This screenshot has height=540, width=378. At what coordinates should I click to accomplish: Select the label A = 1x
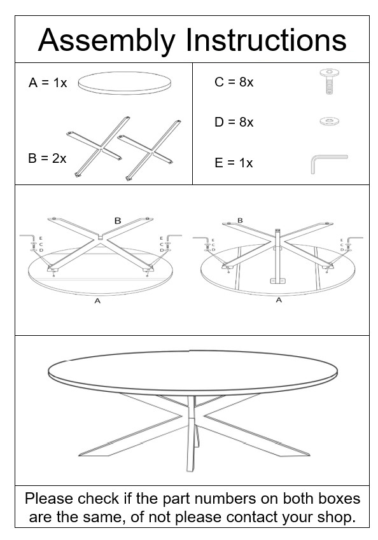48,83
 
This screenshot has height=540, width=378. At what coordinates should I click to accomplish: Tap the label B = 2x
47,158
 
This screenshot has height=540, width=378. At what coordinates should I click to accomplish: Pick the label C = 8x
234,83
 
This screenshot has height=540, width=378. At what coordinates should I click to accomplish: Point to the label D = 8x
234,122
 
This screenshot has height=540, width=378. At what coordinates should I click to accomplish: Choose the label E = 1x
234,163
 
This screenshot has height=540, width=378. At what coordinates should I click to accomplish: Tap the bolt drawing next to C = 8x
329,81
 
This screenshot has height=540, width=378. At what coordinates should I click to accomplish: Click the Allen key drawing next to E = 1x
327,162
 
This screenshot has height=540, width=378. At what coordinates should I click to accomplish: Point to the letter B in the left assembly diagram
117,221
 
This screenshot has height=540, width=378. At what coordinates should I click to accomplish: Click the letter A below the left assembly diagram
97,301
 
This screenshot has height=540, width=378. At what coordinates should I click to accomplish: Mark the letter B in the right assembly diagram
240,221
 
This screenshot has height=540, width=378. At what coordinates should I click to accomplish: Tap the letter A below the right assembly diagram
278,300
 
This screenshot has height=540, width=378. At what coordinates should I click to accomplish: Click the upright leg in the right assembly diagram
277,254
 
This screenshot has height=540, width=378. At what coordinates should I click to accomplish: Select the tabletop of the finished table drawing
191,370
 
